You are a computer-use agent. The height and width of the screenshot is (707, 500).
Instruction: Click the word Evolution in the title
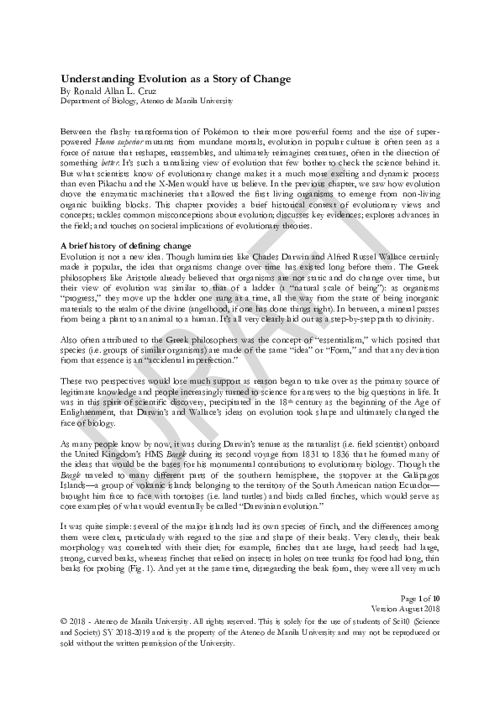[157, 79]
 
